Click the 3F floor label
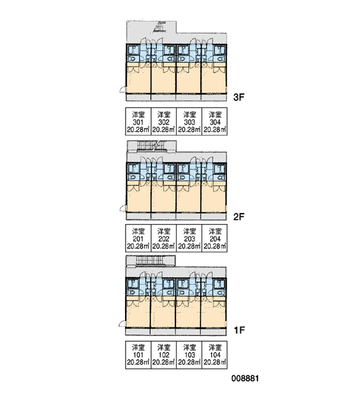click(238, 97)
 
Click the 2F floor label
click(238, 217)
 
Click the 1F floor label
click(239, 330)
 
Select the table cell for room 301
click(138, 122)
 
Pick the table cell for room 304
click(215, 122)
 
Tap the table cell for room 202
click(164, 238)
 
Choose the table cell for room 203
click(189, 238)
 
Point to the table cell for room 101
click(138, 355)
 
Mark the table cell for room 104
click(215, 355)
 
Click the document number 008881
click(245, 379)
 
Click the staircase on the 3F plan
click(160, 27)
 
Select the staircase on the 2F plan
click(152, 146)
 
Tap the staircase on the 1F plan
click(151, 261)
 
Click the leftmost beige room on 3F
click(139, 80)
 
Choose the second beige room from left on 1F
click(163, 314)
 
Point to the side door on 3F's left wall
click(123, 89)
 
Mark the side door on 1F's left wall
click(122, 324)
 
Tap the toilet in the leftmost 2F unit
click(132, 178)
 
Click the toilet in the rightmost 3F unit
click(220, 59)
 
